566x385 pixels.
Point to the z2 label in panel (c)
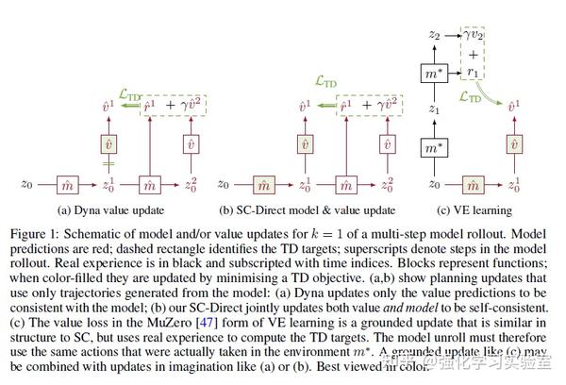(x=434, y=35)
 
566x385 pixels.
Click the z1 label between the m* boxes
(x=435, y=110)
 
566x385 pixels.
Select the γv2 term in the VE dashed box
(x=474, y=35)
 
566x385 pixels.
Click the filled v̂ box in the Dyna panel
(x=107, y=143)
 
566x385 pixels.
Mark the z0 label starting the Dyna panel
(x=26, y=182)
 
